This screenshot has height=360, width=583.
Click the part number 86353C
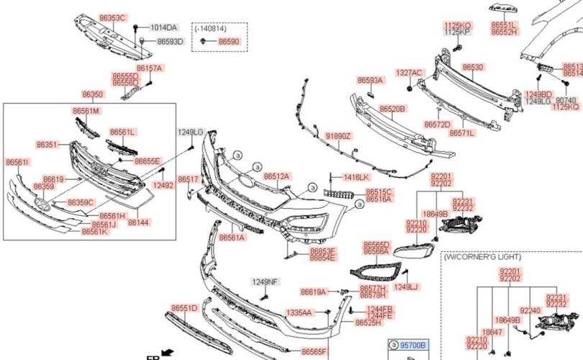pos(112,17)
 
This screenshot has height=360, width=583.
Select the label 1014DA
pos(163,28)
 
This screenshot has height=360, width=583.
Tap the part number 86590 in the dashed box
pos(229,42)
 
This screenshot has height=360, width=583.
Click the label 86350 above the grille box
pos(92,94)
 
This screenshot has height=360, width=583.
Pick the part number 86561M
pos(86,111)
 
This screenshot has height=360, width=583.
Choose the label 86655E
pos(148,161)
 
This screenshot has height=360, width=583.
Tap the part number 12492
pos(164,185)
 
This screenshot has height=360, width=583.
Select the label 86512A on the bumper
pos(276,176)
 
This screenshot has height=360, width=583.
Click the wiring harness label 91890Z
pos(338,135)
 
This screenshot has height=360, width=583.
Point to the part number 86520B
pos(393,109)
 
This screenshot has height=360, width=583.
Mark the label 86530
pos(473,67)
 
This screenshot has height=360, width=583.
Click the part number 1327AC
pos(409,73)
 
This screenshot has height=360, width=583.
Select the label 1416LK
pos(356,177)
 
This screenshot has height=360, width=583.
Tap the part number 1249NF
pos(264,282)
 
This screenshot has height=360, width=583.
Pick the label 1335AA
pos(299,312)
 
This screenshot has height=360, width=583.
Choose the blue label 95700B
pos(413,346)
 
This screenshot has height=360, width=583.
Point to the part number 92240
pos(530,310)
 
